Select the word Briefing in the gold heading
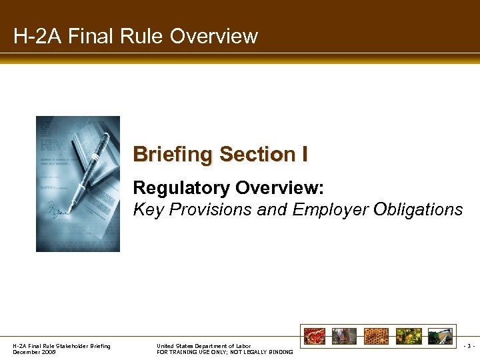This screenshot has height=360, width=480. tap(173, 154)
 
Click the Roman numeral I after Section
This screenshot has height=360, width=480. tap(304, 154)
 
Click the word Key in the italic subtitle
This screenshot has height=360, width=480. tap(147, 209)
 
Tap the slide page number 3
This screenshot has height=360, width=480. tap(470, 346)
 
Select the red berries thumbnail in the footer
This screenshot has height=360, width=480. tap(314, 336)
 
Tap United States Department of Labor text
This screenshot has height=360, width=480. tap(203, 346)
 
